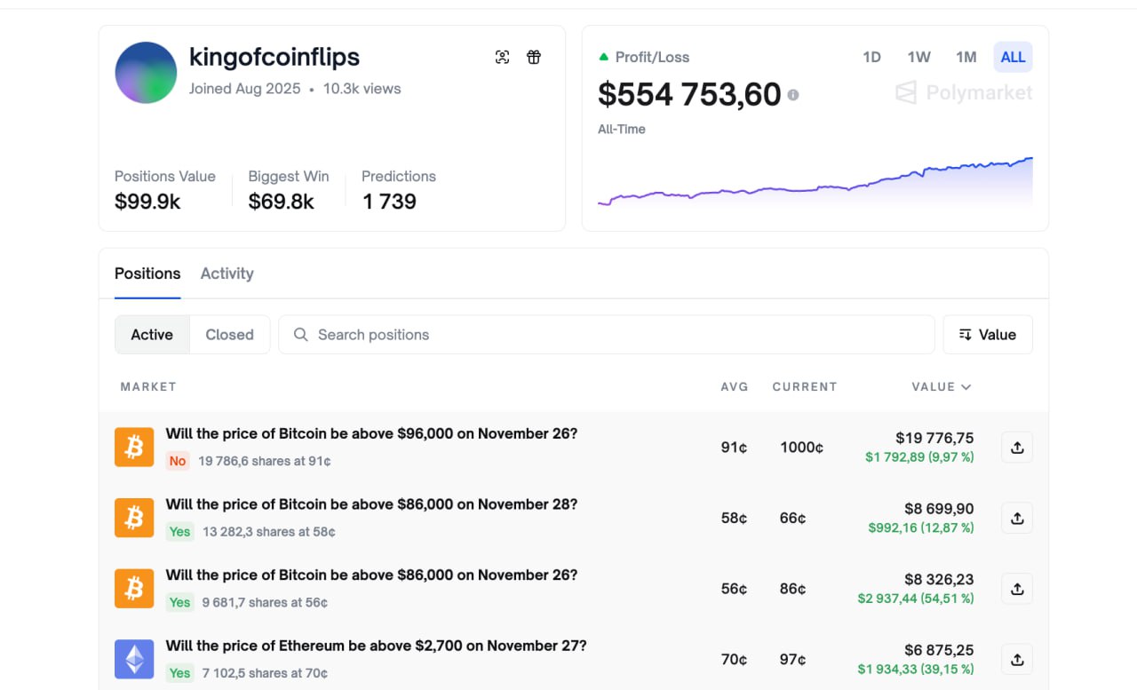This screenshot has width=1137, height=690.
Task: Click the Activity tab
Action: (227, 274)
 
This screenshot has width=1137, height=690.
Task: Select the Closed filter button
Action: (229, 335)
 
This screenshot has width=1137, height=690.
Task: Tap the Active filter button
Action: (152, 335)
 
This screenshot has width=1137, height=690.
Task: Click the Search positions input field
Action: (606, 335)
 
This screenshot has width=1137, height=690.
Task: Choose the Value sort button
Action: (988, 335)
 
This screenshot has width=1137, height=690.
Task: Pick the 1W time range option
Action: (918, 57)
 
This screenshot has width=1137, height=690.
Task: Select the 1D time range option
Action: (871, 57)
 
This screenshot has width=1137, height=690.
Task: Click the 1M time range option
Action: (966, 57)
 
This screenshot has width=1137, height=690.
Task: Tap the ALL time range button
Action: (1013, 57)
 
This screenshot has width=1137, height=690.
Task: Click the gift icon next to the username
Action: (534, 57)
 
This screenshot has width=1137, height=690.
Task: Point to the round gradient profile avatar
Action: (146, 73)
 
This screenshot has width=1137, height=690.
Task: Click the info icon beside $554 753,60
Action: (793, 95)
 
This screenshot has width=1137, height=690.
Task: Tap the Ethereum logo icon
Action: (134, 659)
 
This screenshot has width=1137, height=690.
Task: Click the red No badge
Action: (177, 461)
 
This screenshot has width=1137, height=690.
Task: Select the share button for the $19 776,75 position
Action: (1017, 447)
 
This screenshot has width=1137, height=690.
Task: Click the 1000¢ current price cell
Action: (801, 447)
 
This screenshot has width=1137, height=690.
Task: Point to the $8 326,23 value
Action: (939, 579)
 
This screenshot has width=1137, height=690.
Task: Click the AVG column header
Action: (734, 386)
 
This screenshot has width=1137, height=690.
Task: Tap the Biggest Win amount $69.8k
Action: (281, 202)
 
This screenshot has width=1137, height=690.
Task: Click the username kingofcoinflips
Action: (274, 57)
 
